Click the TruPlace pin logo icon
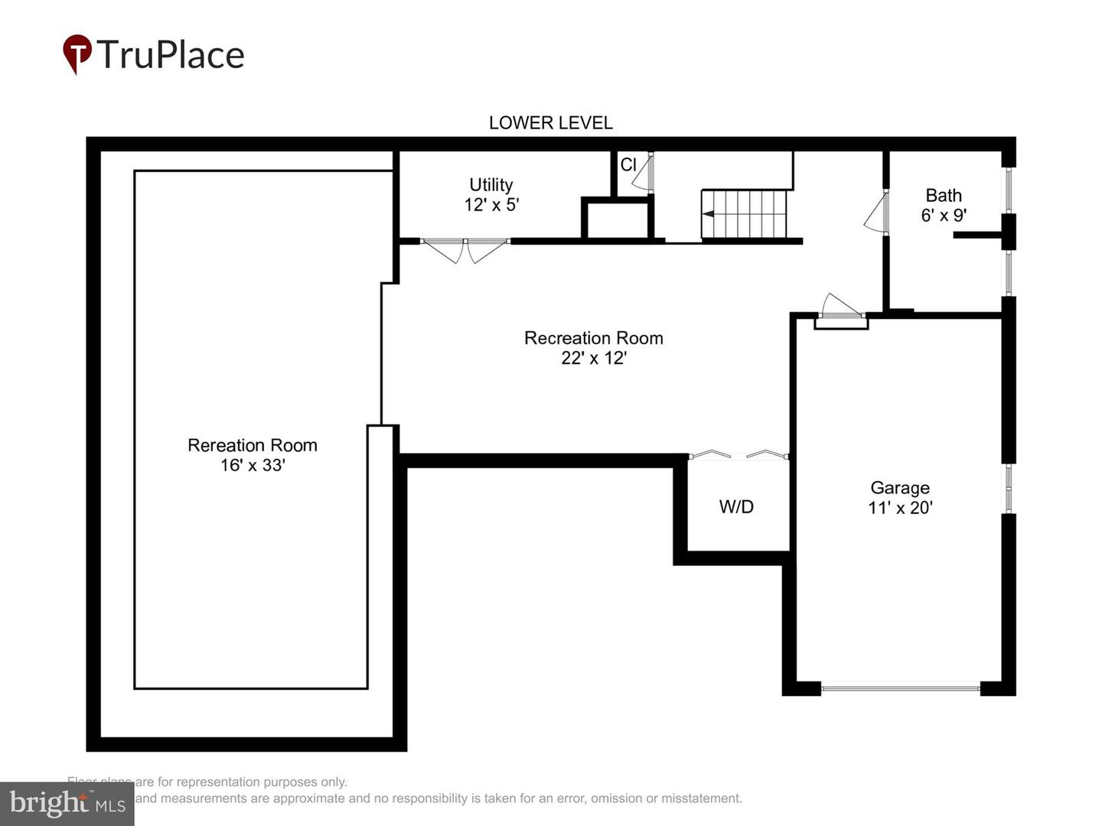click(77, 54)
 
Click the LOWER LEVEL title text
click(550, 123)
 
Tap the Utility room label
click(491, 185)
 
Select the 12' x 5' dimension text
click(491, 205)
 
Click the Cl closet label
click(628, 165)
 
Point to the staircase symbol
click(744, 214)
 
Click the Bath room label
click(944, 196)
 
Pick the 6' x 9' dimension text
click(944, 216)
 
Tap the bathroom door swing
click(877, 213)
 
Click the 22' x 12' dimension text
click(594, 358)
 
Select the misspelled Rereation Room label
click(253, 445)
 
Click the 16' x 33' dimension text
click(253, 465)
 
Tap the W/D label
click(736, 506)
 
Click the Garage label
click(900, 488)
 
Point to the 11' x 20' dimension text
click(900, 508)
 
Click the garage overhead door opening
click(900, 688)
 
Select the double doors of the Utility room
click(465, 249)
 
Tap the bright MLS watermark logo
click(67, 804)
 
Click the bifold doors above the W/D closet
click(738, 455)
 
